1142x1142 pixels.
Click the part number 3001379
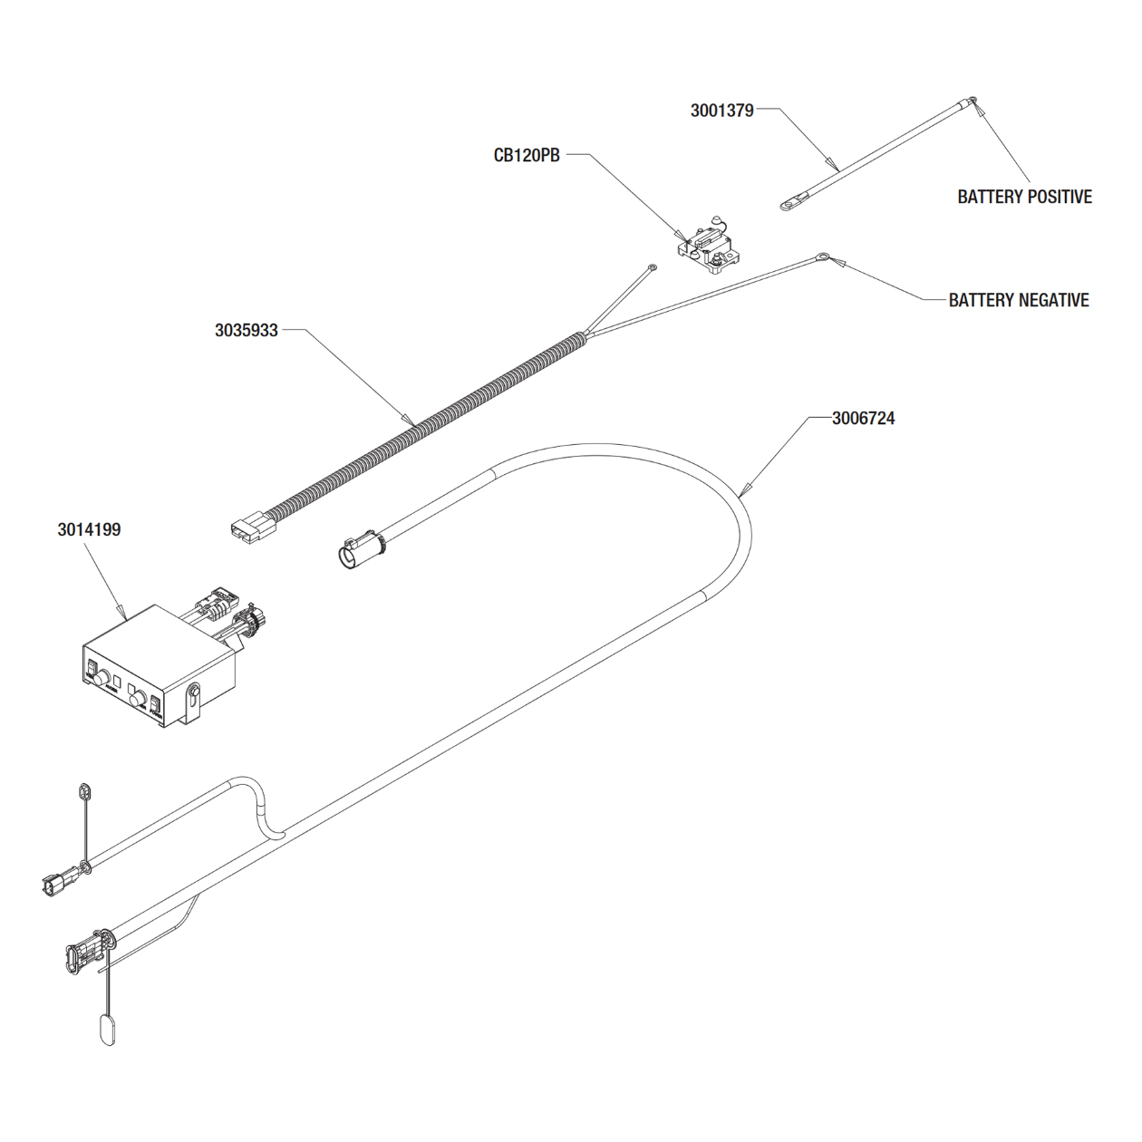721,111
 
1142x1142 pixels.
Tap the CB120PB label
526,155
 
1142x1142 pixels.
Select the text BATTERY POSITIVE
1024,197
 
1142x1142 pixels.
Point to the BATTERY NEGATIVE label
1018,300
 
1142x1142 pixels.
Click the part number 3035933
246,330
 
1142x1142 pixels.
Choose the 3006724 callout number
863,419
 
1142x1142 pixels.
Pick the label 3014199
89,529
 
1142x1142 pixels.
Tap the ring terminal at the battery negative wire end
823,258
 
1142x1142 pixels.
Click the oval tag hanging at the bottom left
106,1030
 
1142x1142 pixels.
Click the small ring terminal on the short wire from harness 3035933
652,268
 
